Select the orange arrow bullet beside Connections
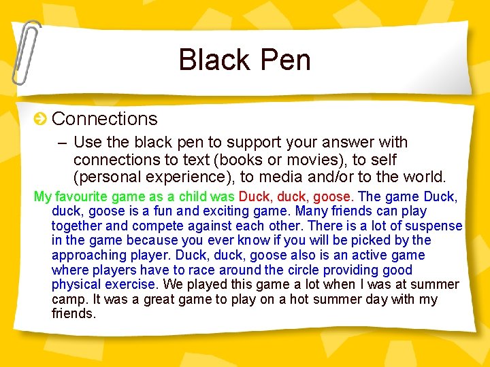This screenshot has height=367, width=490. click(x=41, y=120)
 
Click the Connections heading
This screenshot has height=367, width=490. click(x=104, y=119)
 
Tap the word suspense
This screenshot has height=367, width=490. click(x=434, y=226)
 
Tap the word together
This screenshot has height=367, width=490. click(x=78, y=226)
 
